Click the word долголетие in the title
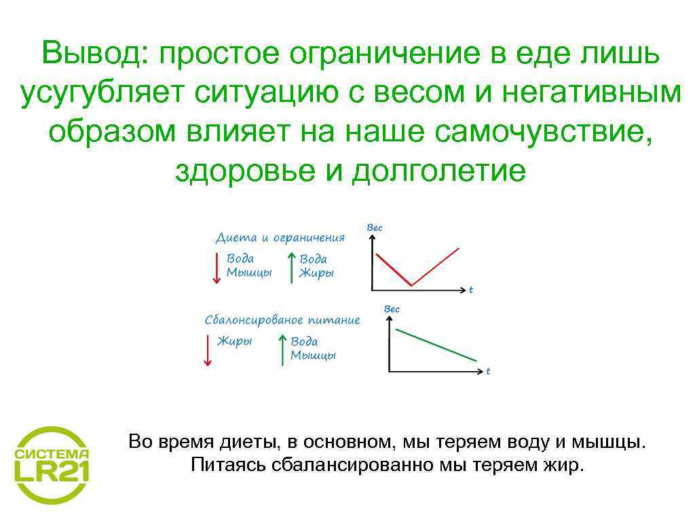(438, 171)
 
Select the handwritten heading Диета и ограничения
(280, 238)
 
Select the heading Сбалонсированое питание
(282, 319)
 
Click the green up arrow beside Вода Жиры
(290, 268)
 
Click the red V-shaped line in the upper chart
(434, 267)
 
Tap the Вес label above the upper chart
(375, 228)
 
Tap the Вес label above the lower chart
(392, 309)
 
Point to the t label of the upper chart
(471, 290)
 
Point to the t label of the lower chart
(488, 371)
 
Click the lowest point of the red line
(411, 285)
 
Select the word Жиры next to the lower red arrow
(234, 341)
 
